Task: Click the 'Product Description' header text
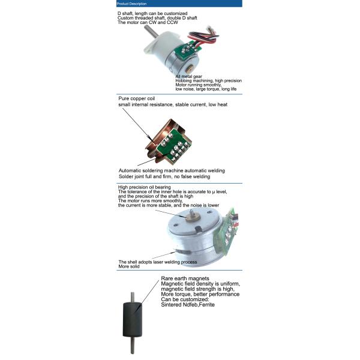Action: (x=130, y=4)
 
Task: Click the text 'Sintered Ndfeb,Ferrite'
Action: (x=187, y=305)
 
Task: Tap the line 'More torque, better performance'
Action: (x=200, y=294)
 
